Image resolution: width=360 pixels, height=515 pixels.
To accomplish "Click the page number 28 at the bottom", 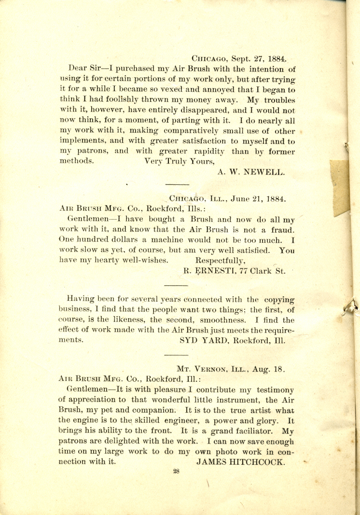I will (176, 472).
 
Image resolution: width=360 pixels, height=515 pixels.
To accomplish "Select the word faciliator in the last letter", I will (253, 431).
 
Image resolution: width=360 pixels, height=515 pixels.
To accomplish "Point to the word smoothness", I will (222, 320).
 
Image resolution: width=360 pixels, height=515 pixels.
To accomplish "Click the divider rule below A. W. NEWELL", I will (177, 184).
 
